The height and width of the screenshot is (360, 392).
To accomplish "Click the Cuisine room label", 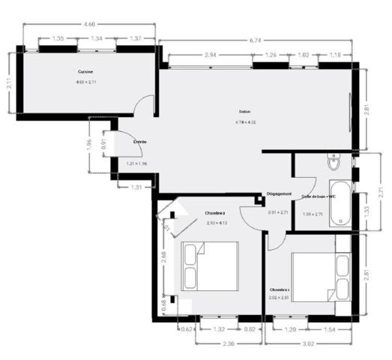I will pos(85,72).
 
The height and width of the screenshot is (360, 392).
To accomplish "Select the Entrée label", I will pos(140,141).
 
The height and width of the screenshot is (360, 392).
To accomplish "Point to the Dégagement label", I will pos(279,195).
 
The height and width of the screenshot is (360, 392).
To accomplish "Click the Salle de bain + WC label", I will pos(319,196).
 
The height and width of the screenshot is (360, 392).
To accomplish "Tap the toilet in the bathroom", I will pos(334,162).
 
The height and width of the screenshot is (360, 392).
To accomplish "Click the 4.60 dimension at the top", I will pos(90,25).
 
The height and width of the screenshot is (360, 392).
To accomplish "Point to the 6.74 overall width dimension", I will pos(255,39).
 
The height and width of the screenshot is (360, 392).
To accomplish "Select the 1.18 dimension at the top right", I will pos(335,55).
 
